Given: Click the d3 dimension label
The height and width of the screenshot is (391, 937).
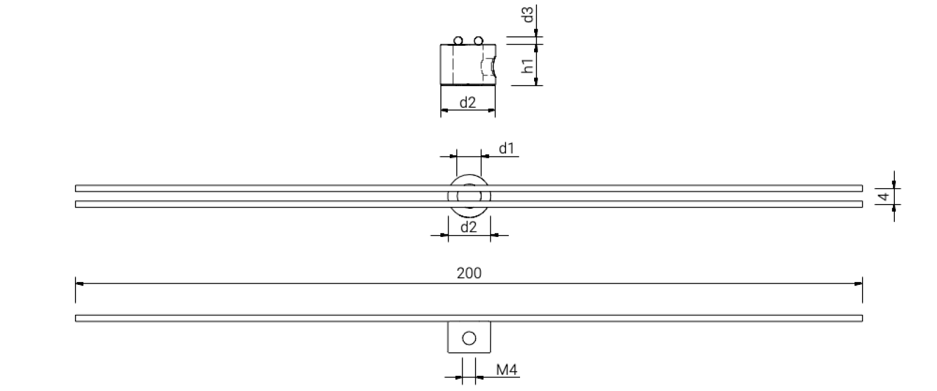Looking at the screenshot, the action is click(x=529, y=15).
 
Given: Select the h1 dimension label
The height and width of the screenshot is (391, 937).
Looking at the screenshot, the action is click(x=529, y=66).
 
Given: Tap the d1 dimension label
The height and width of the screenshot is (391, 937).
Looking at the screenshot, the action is click(x=506, y=148).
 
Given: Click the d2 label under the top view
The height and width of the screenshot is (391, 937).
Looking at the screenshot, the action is click(x=468, y=103).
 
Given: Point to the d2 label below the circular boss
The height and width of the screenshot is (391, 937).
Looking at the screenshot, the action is click(x=468, y=227).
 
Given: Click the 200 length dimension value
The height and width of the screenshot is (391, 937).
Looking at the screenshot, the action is click(x=469, y=273).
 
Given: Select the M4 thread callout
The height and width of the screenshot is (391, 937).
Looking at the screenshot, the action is click(x=507, y=370).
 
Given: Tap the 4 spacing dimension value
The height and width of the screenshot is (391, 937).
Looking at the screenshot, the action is click(x=884, y=196).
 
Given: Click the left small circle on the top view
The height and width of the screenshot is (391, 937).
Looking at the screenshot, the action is click(x=458, y=41).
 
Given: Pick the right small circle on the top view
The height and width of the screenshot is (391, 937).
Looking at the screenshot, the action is click(x=478, y=41).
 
